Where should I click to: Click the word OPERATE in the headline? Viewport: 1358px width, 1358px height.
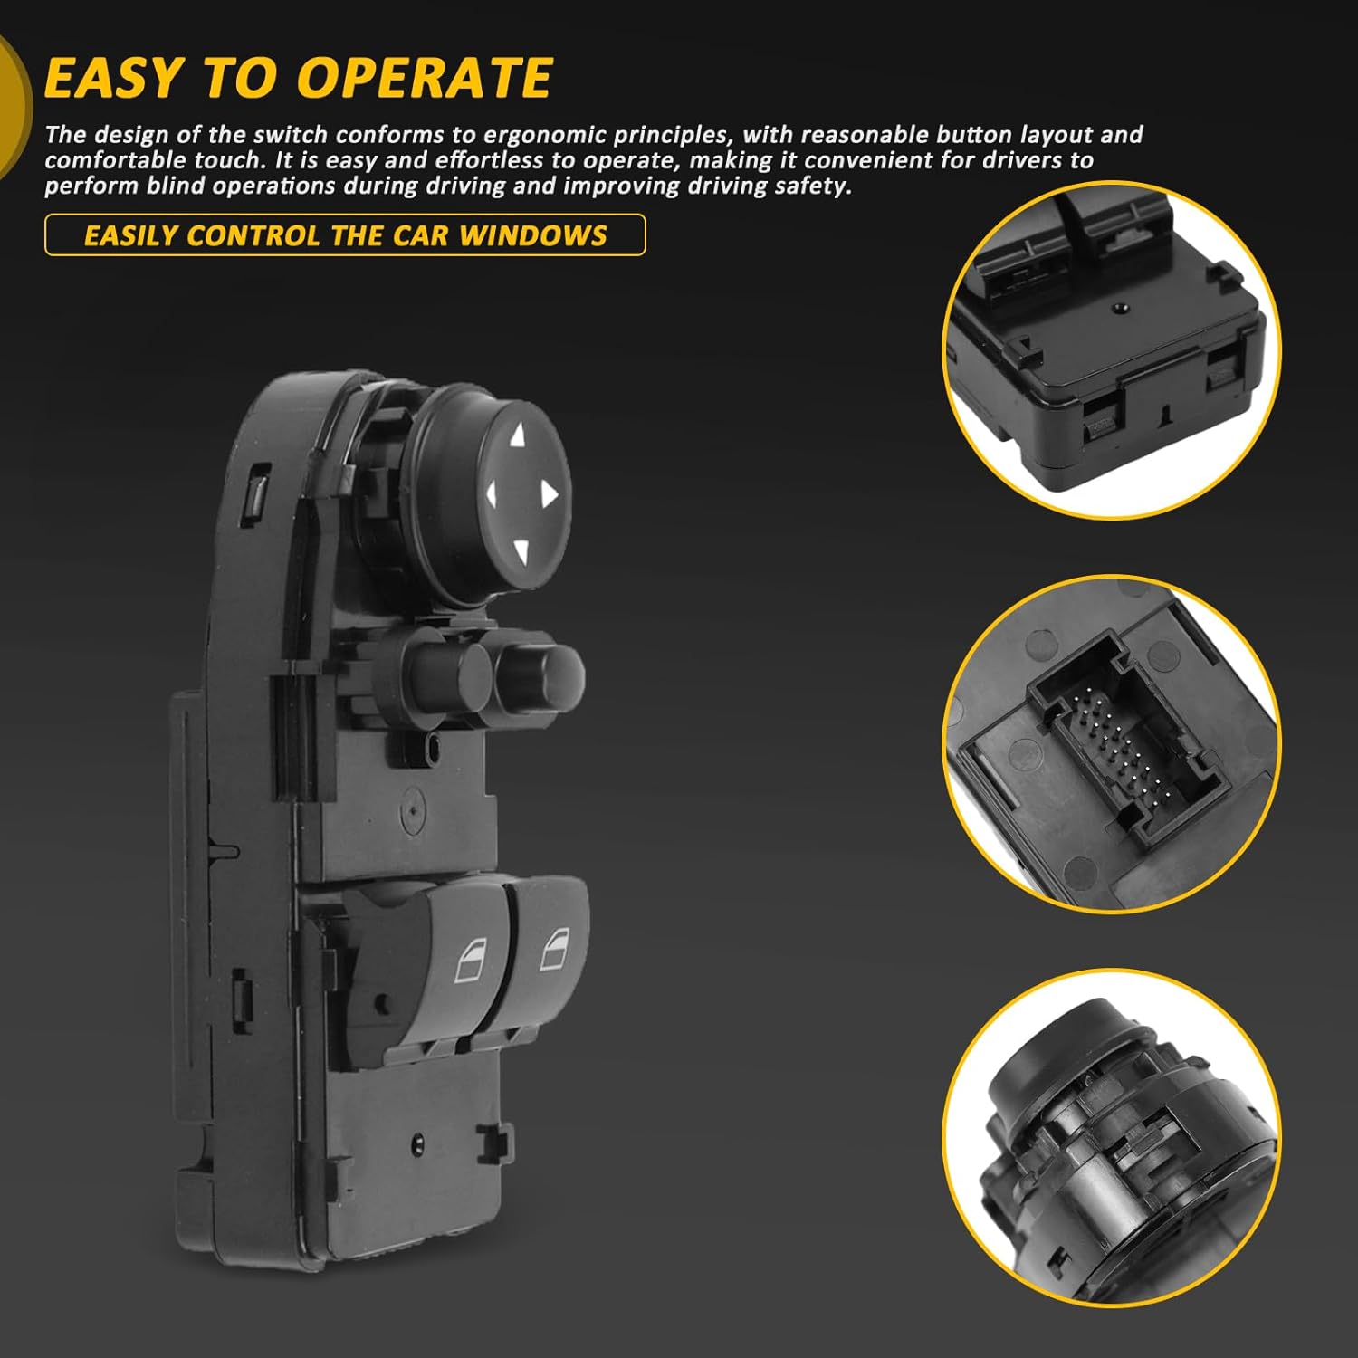coord(426,78)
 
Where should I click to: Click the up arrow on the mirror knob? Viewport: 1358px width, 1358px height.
coord(517,437)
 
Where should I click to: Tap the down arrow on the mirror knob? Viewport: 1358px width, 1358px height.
coord(520,550)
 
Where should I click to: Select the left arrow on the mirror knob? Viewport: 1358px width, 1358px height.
coord(492,494)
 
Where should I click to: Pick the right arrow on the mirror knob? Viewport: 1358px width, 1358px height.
coord(549,493)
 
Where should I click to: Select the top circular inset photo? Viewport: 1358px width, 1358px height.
coord(1112,350)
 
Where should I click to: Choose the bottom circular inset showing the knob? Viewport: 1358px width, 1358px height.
coord(1112,1137)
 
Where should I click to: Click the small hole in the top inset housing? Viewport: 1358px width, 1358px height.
coord(1121,308)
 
